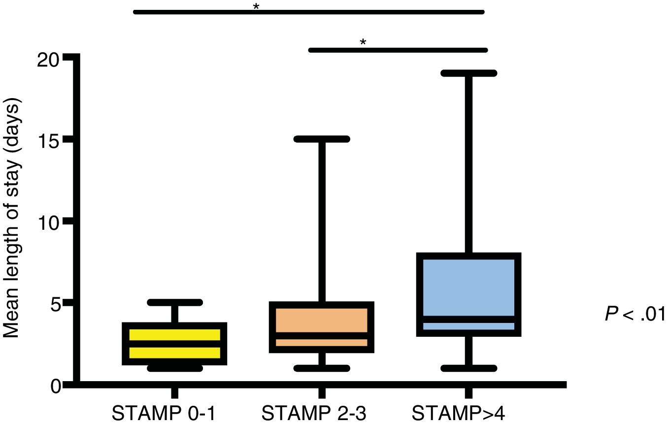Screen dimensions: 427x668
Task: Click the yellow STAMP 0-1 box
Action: [x=174, y=344]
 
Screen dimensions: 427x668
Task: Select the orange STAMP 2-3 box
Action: [x=322, y=327]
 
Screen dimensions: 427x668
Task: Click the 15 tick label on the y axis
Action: [x=48, y=141]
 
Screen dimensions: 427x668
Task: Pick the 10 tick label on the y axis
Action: [x=48, y=222]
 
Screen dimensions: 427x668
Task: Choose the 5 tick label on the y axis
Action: [x=55, y=303]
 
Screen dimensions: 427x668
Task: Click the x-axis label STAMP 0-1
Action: [x=164, y=413]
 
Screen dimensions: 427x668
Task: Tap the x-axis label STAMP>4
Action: [x=459, y=413]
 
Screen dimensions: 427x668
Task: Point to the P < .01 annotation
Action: [x=635, y=314]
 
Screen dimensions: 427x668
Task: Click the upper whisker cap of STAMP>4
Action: [x=469, y=73]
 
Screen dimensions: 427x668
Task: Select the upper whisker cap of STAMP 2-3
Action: [x=322, y=139]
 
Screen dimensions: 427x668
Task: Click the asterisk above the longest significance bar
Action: [x=256, y=7]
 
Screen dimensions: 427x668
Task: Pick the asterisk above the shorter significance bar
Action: [x=363, y=42]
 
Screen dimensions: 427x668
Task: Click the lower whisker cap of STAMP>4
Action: [x=469, y=368]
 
